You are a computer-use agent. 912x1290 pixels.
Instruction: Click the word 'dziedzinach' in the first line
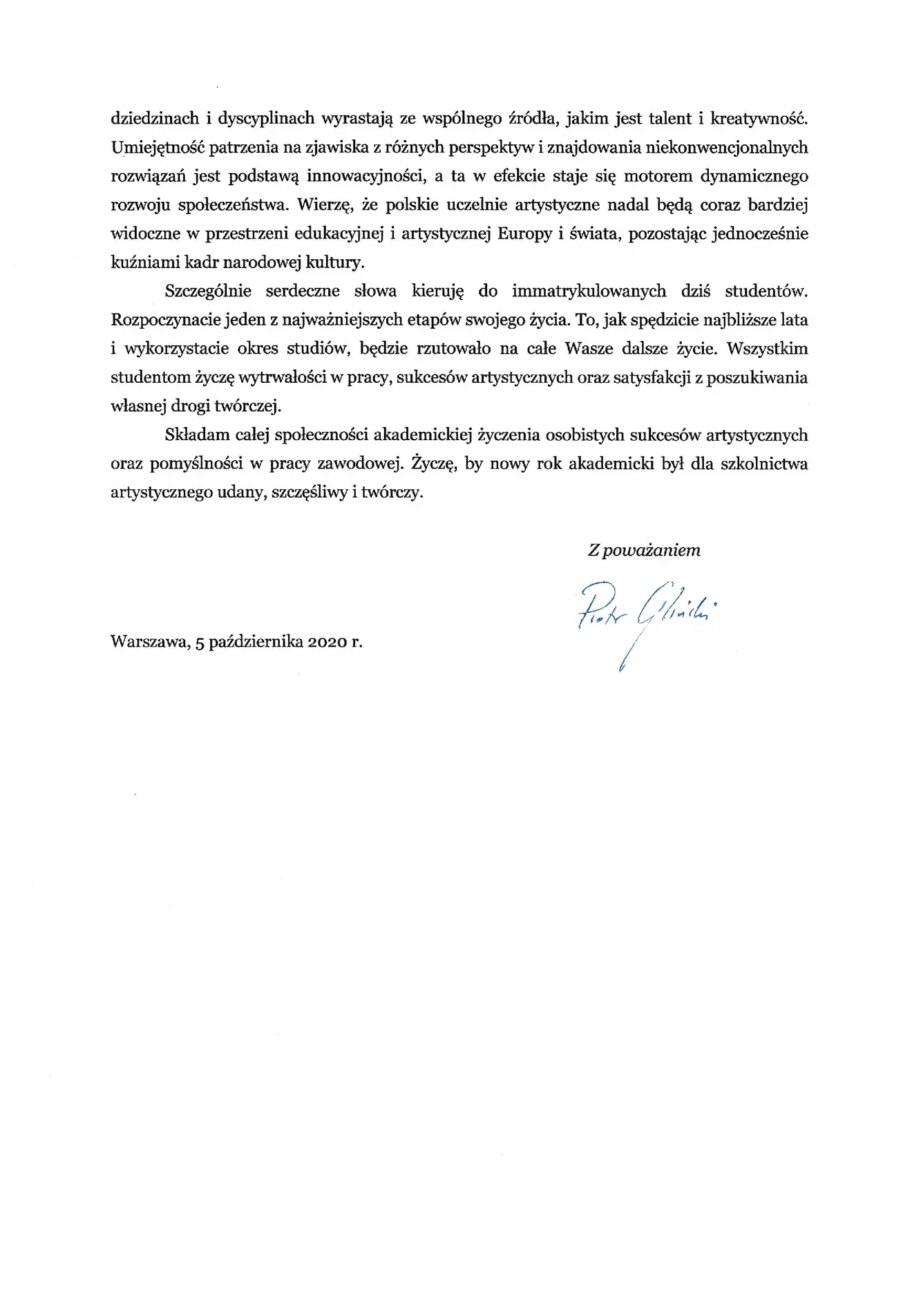pyautogui.click(x=153, y=118)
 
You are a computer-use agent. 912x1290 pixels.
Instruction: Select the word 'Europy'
pyautogui.click(x=524, y=234)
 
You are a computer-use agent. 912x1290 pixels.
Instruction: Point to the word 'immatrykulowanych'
pyautogui.click(x=589, y=291)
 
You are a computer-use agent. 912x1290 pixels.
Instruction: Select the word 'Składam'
pyautogui.click(x=195, y=435)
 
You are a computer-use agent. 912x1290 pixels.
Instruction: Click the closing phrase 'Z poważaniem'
pyautogui.click(x=644, y=550)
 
